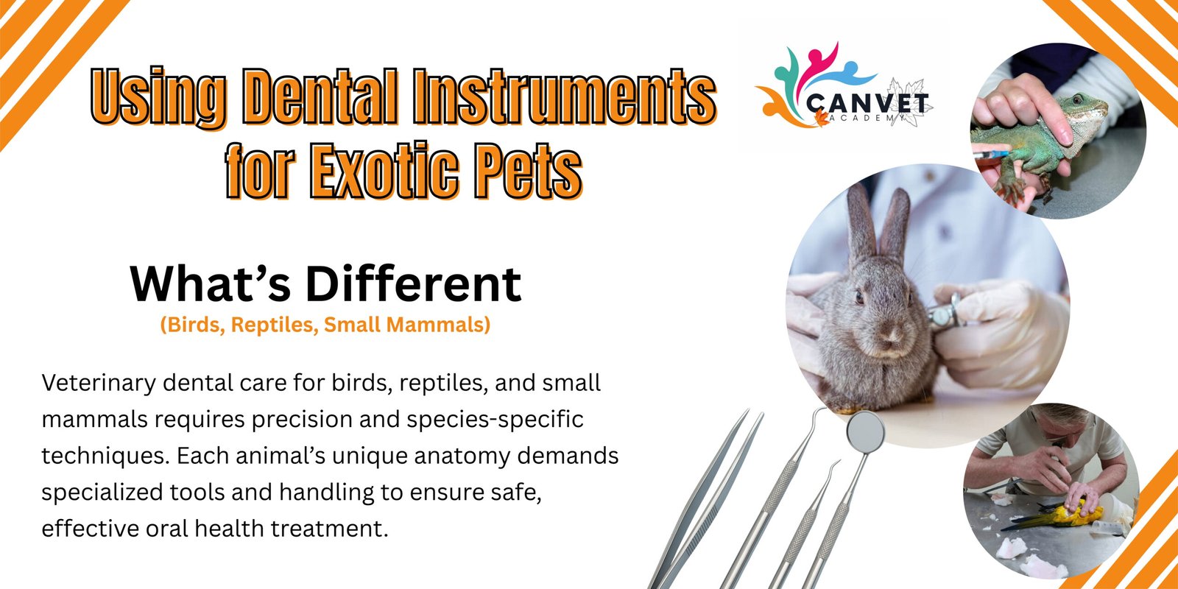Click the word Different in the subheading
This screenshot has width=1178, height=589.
(413, 284)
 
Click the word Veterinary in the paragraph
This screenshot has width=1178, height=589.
(99, 384)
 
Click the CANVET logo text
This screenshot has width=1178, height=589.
(867, 102)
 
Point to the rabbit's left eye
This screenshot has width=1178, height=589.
(858, 297)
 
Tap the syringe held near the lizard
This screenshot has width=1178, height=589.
(991, 155)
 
